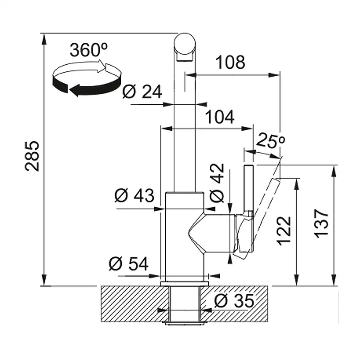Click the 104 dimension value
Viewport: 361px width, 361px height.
(x=219, y=117)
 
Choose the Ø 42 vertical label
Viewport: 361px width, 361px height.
(x=217, y=182)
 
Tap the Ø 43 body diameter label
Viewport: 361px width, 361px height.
(x=134, y=196)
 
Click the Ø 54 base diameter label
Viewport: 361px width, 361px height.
(x=129, y=264)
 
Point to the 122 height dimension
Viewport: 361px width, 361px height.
(x=285, y=231)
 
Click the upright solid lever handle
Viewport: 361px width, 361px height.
(x=249, y=188)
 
